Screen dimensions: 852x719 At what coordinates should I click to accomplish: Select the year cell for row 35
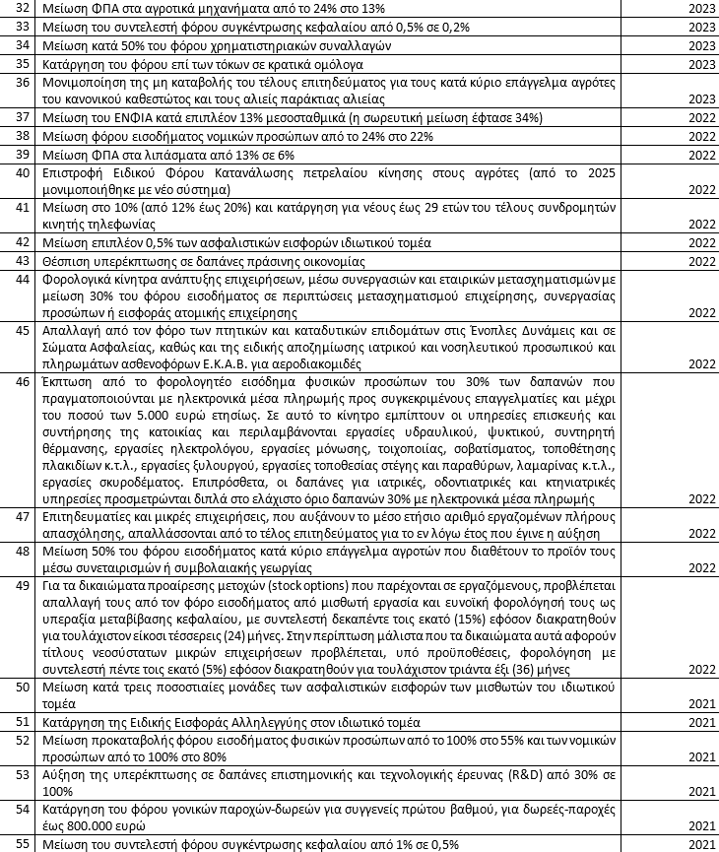pos(700,63)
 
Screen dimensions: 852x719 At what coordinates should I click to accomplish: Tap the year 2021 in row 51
pos(700,721)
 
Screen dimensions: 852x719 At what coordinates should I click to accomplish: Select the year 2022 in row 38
pos(700,136)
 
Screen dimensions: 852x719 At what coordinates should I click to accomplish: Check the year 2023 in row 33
pos(700,27)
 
